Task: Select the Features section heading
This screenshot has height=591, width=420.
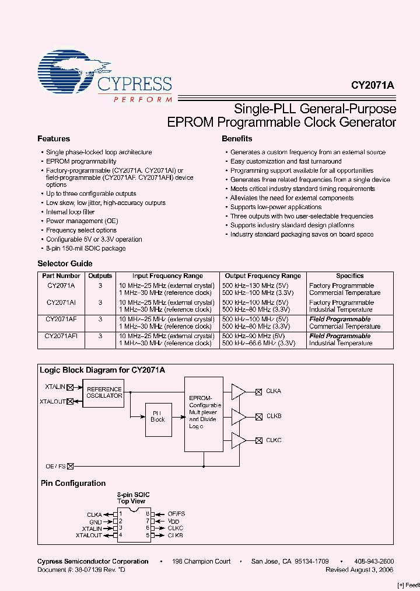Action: (x=54, y=139)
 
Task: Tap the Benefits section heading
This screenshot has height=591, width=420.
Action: (x=237, y=139)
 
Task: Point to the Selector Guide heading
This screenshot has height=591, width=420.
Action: (x=65, y=263)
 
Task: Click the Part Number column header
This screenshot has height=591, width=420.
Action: (x=61, y=276)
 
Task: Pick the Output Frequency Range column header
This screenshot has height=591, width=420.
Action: (x=263, y=276)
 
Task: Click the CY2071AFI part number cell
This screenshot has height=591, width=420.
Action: (x=61, y=336)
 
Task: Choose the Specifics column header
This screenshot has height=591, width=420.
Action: (x=349, y=276)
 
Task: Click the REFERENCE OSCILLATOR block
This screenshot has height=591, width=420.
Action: (x=104, y=392)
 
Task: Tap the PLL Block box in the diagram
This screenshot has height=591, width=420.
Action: (x=157, y=416)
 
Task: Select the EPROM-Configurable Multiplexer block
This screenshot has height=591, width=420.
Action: (x=204, y=413)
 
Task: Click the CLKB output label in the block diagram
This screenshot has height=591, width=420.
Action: (x=274, y=416)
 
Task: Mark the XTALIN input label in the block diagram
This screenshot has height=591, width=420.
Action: (x=55, y=387)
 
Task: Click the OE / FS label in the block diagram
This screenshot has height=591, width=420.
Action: (x=56, y=466)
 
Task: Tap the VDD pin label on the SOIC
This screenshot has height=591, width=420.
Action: (x=173, y=520)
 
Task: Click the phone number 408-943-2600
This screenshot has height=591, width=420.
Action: (x=374, y=561)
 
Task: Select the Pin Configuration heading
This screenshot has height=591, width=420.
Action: (x=73, y=484)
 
